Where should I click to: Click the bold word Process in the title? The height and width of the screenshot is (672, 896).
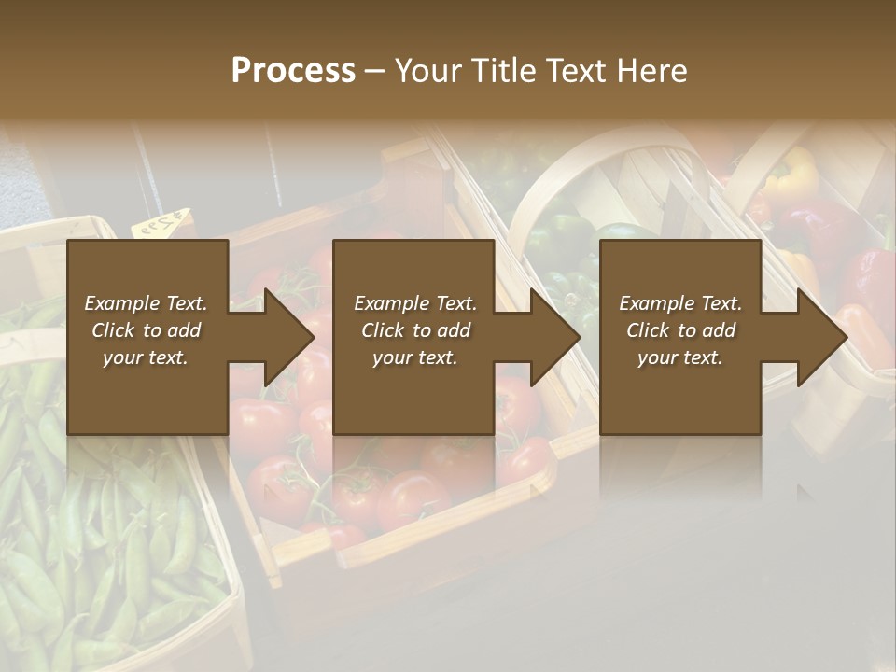point(293,71)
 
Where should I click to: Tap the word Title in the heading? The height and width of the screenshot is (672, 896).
point(501,71)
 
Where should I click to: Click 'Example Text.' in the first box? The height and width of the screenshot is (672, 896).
point(146,303)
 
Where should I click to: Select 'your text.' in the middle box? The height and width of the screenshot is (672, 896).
point(413,357)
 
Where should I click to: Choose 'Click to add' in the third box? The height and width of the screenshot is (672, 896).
point(680,330)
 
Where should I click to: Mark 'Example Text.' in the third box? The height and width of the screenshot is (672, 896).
point(680,303)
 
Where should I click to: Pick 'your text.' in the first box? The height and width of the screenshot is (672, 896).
point(146,357)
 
